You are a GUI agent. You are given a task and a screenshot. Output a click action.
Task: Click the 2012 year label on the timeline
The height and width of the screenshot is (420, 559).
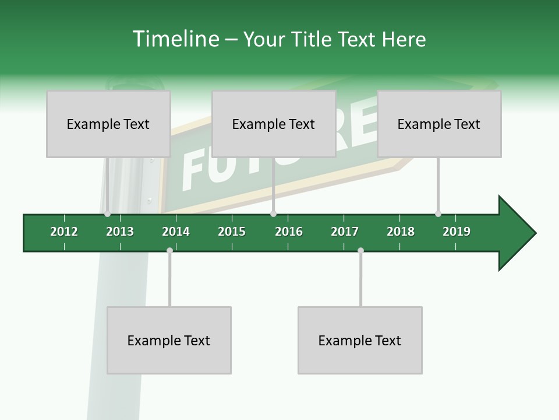coord(64,232)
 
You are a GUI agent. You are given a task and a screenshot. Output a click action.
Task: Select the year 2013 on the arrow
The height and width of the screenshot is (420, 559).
coord(120,232)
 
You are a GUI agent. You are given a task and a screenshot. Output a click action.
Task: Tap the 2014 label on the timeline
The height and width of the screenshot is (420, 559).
coord(176,232)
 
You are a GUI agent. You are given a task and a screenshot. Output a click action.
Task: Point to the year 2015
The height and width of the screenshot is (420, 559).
coord(232,232)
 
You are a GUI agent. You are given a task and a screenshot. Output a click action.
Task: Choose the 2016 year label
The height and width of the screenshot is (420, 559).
coord(289,232)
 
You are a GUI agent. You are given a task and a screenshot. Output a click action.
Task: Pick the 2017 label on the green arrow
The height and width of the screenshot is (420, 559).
coord(345,232)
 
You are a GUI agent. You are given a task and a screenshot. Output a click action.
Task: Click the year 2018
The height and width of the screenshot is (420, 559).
coord(401,232)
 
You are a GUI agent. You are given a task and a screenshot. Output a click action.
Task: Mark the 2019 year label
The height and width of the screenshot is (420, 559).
coord(457,232)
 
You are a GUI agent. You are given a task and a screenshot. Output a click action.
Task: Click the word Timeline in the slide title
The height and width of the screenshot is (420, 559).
coord(175,39)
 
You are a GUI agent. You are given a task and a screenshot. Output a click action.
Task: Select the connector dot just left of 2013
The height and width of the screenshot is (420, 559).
coord(108,214)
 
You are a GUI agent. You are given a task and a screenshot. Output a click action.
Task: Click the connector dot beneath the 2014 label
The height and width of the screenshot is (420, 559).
coord(169,250)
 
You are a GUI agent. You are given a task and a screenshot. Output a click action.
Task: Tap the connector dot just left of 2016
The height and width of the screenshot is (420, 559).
coord(273,214)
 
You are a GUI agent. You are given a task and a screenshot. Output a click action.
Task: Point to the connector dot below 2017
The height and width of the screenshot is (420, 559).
coord(360,250)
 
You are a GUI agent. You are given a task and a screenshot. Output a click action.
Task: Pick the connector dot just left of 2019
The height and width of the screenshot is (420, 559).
coord(438,214)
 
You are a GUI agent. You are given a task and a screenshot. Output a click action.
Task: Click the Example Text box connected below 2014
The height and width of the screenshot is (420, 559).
coord(169,340)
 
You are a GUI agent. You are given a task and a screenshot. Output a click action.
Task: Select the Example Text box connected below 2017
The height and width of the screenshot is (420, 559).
coord(360,340)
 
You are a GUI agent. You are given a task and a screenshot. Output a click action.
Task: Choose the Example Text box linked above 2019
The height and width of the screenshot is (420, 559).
coord(439,124)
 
